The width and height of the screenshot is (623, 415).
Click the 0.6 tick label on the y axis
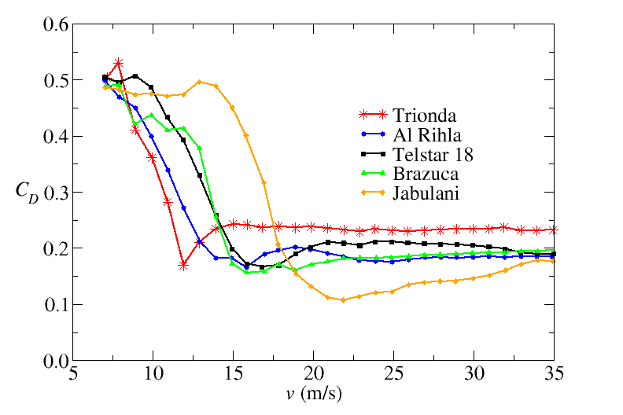(x=54, y=24)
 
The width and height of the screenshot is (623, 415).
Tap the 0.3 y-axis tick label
(x=54, y=193)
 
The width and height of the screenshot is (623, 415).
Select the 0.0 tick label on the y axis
(x=54, y=361)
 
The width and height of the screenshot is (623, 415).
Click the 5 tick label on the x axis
(x=72, y=373)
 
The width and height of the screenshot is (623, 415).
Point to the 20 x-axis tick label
(x=313, y=373)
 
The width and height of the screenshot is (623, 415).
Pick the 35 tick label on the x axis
(x=554, y=373)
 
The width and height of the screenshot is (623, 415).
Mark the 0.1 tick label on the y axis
(x=54, y=305)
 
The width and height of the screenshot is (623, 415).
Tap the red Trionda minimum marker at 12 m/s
(x=183, y=266)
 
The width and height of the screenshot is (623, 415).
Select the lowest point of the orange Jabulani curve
(x=344, y=300)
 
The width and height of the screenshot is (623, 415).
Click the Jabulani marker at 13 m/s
(x=200, y=82)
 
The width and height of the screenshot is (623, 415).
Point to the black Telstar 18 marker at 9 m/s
(x=135, y=76)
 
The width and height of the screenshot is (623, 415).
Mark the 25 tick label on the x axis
(x=393, y=373)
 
